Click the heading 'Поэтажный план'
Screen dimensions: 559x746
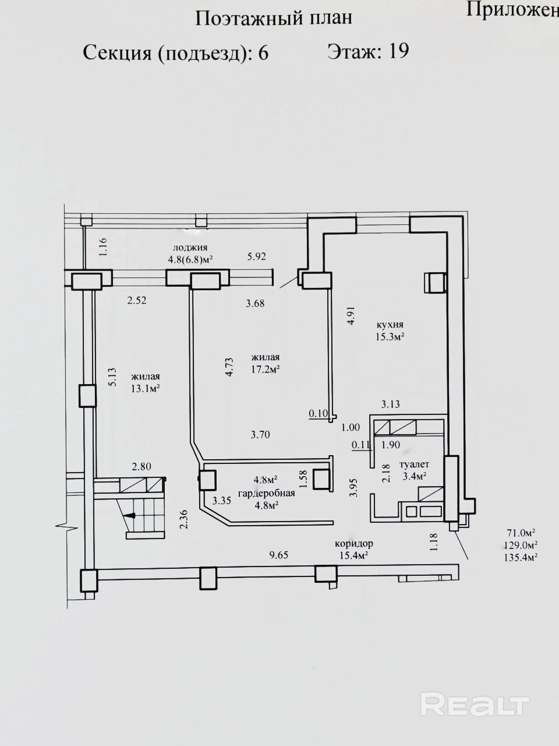[x=274, y=18]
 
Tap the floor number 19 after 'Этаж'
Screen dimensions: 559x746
[x=398, y=51]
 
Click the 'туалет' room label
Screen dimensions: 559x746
[x=415, y=465]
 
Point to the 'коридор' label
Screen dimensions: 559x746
[x=354, y=543]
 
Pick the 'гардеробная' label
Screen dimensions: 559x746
[x=266, y=493]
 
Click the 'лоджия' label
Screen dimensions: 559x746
[x=190, y=248]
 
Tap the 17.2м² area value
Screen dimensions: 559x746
[x=266, y=370]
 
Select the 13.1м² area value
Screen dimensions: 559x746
[x=146, y=389]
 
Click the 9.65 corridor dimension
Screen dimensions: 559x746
[x=279, y=555]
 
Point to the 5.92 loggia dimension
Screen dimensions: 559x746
[x=257, y=256]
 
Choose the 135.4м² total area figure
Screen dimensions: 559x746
[x=521, y=557]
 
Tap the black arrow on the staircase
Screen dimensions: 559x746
[x=129, y=516]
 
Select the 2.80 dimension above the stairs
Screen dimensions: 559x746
[x=141, y=467]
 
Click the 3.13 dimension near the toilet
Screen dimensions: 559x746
[x=390, y=404]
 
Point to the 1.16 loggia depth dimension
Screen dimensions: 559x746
[x=104, y=247]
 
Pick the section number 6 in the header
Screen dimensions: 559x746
[x=263, y=53]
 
